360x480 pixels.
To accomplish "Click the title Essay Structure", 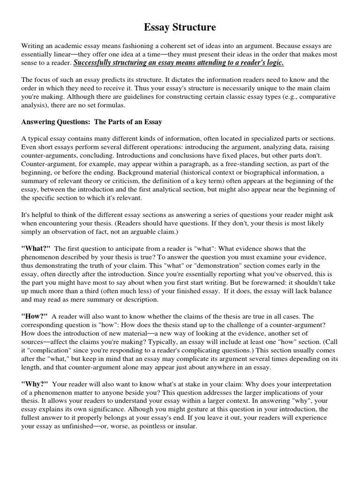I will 180,28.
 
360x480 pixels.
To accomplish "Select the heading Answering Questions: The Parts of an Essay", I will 92,122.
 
